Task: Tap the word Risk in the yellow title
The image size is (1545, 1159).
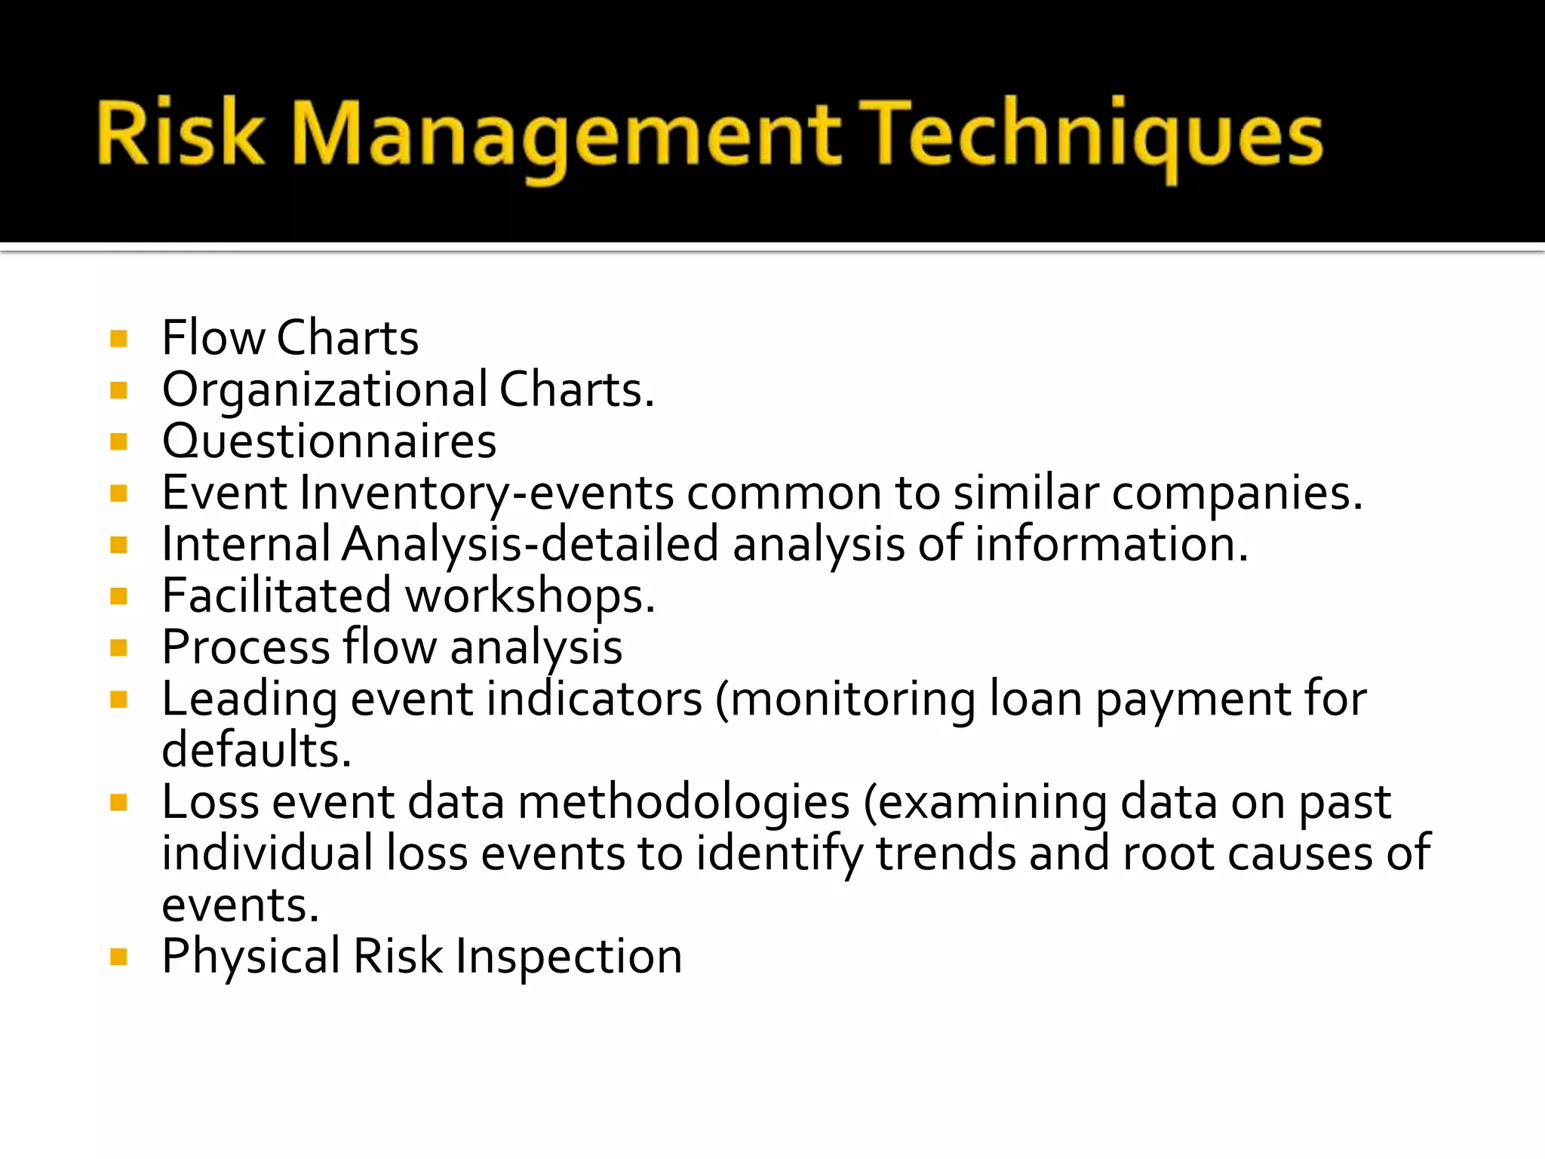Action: [x=180, y=134]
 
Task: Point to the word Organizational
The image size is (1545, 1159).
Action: [x=325, y=391]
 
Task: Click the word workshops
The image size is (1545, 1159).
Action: [x=530, y=597]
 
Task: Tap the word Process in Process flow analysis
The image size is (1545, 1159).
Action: [x=246, y=647]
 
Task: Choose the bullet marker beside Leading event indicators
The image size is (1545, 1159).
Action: [x=118, y=699]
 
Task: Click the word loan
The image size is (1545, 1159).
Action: [x=1035, y=699]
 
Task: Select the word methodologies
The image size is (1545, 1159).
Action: [x=683, y=802]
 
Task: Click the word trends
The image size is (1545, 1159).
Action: [x=946, y=853]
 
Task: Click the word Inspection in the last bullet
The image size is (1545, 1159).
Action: [x=569, y=957]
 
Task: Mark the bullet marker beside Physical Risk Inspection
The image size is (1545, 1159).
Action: [x=118, y=957]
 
